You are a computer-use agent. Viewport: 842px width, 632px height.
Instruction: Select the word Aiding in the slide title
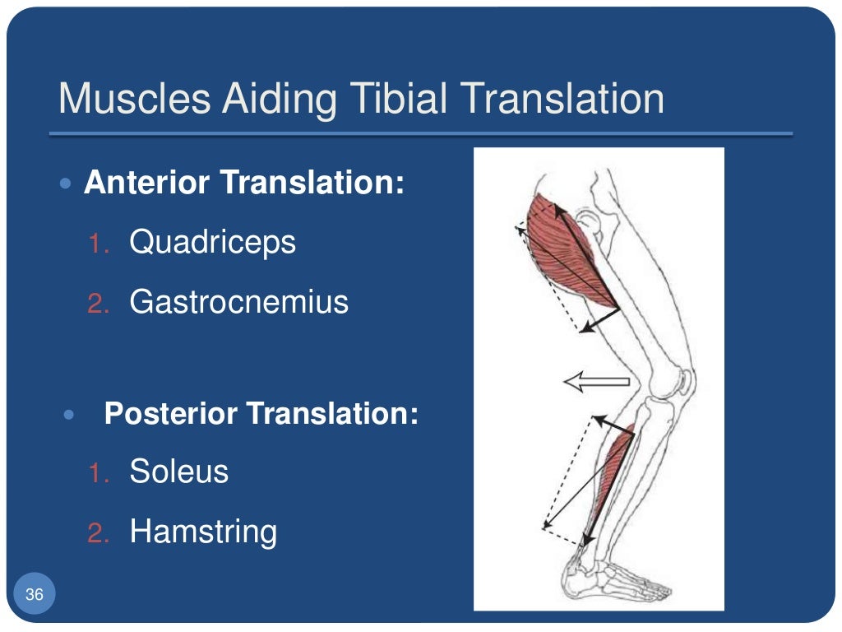[x=275, y=100]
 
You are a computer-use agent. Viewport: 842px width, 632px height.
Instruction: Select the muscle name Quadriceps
[x=212, y=243]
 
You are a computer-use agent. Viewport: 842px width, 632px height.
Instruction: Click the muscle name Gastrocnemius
[x=238, y=303]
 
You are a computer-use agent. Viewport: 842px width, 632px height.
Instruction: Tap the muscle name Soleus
[x=178, y=472]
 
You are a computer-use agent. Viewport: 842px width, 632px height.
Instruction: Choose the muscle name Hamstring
[x=203, y=532]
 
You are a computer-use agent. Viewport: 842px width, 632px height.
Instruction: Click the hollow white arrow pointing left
[x=595, y=381]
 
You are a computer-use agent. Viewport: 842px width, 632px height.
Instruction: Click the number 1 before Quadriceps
[x=97, y=244]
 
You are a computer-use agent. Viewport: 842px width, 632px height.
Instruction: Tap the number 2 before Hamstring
[x=97, y=534]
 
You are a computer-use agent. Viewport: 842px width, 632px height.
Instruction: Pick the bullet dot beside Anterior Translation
[x=67, y=183]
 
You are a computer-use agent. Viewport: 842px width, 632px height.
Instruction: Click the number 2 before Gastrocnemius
[x=97, y=304]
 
